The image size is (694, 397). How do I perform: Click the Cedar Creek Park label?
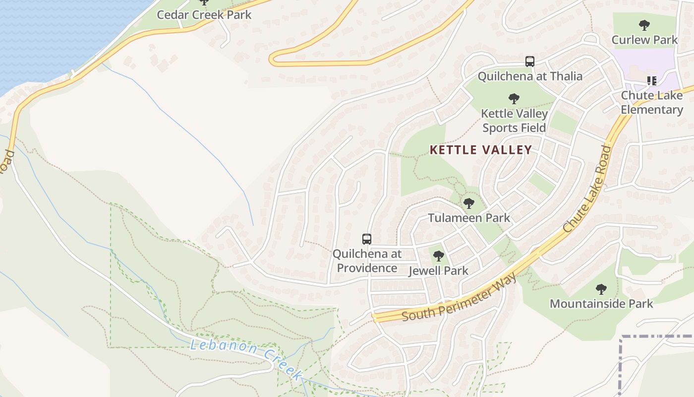pos(204,14)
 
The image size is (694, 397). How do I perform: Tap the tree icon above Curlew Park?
pos(644,25)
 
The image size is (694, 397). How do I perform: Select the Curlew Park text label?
pos(644,40)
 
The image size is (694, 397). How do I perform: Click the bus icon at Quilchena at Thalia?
pos(529,62)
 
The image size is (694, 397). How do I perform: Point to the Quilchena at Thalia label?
pos(529,76)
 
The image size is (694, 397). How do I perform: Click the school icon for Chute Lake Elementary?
pos(651,81)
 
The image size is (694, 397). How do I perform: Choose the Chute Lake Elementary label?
pos(651,103)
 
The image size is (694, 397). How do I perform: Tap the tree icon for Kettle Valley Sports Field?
pos(514,99)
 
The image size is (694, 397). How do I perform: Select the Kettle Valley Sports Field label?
pos(514,121)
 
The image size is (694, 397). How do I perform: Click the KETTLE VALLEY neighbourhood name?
pos(480,150)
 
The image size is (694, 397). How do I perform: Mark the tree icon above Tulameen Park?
pos(468,203)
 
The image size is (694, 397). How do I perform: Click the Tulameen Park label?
pos(468,218)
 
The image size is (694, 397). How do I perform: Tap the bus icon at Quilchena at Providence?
pos(366,239)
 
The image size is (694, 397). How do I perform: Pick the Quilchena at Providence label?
pos(366,261)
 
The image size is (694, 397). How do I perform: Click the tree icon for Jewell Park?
pos(438,257)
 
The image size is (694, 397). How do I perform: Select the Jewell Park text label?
pos(438,271)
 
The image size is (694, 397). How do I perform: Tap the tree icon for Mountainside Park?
pos(601,289)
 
